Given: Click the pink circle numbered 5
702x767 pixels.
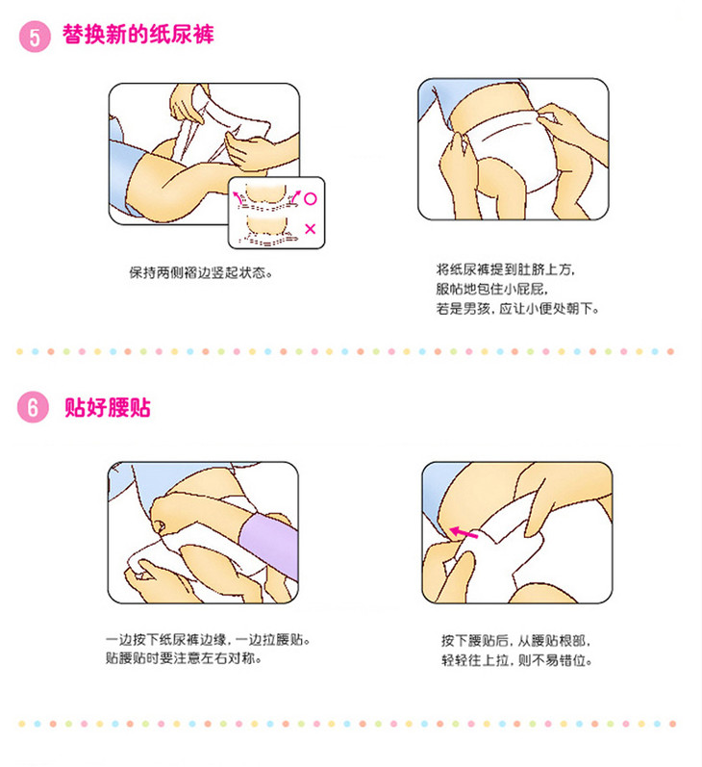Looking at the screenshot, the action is (35, 37).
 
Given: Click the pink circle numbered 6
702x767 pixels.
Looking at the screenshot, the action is (34, 407).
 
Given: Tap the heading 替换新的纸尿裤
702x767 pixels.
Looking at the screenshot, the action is (138, 35).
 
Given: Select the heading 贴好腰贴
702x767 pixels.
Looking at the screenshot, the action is (108, 407).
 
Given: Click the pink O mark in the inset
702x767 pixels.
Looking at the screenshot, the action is (310, 198).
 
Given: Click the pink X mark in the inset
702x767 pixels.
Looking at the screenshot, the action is (310, 228).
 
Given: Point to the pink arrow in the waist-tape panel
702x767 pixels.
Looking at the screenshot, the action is (463, 533).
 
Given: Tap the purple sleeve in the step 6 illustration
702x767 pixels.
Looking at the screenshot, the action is (270, 544).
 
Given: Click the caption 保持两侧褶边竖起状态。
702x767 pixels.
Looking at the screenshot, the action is (201, 272).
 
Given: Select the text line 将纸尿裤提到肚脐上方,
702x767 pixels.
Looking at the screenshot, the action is (506, 269).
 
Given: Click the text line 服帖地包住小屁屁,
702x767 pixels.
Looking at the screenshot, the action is (491, 289).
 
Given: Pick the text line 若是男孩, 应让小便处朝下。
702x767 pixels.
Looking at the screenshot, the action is (517, 309).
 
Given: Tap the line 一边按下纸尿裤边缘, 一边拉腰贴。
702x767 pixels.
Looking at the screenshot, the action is (209, 639).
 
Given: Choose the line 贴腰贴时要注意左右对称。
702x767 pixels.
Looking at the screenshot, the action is (184, 658).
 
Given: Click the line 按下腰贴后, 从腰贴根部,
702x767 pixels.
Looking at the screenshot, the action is (515, 640).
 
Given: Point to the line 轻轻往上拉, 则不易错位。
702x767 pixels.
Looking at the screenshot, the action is (516, 660).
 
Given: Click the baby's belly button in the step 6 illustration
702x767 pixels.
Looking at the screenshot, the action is (159, 525).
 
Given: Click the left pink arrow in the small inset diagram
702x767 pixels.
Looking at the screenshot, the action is (238, 197).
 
